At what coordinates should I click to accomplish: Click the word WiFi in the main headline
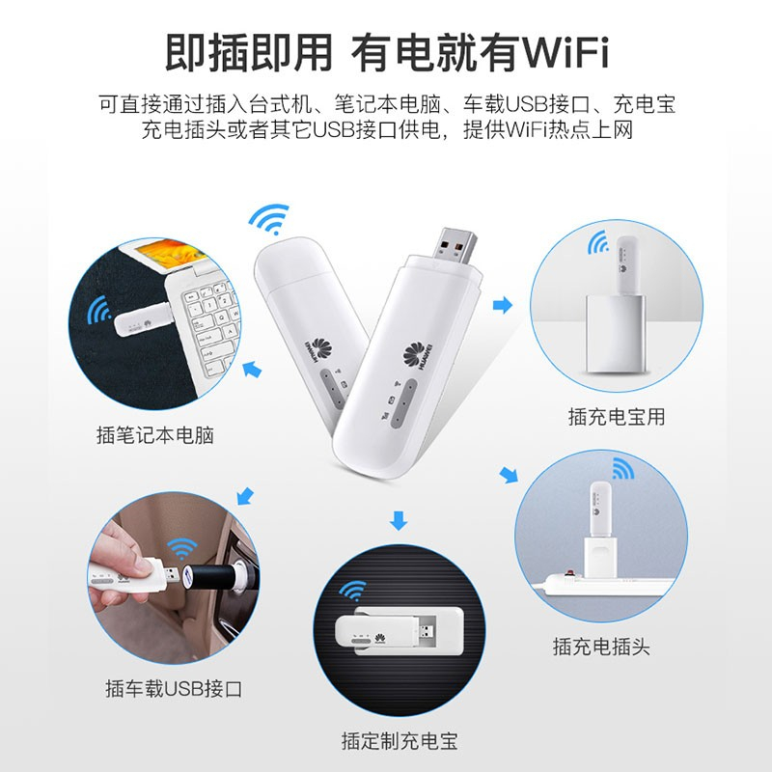tap(565, 51)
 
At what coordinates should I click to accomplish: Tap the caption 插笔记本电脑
tap(155, 435)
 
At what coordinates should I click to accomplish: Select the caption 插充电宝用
tap(617, 417)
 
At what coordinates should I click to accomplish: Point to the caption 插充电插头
tap(601, 647)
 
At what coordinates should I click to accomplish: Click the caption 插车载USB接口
tap(174, 688)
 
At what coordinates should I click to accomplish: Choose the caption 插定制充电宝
tap(400, 741)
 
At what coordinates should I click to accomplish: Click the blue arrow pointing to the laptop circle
tap(252, 369)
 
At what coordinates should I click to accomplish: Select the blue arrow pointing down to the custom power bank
tap(399, 520)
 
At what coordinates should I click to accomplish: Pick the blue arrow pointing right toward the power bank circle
tap(503, 305)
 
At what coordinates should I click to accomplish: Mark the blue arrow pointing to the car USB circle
tap(245, 496)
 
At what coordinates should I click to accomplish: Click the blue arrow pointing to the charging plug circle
tap(509, 475)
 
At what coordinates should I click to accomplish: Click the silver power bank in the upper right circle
tap(615, 333)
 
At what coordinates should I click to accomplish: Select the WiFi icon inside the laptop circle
tap(99, 310)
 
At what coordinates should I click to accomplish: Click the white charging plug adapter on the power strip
tap(599, 558)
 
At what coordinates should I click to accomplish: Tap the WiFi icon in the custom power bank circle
tap(353, 591)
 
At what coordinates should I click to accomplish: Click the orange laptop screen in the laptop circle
tap(170, 253)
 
